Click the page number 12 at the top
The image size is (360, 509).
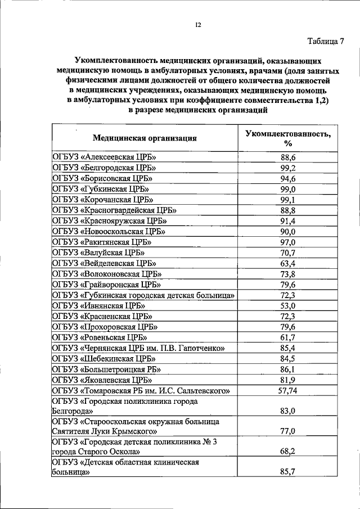coord(198,24)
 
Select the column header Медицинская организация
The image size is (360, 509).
coord(145,138)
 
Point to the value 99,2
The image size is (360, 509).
coord(288,168)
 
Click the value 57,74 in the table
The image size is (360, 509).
coord(288,390)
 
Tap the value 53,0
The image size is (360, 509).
coord(288,306)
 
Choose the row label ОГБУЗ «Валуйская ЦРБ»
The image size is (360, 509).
coord(96,252)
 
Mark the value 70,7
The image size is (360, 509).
coord(288,252)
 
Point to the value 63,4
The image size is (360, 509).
coord(288,263)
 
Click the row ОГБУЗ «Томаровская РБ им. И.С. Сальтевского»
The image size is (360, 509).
coord(142,390)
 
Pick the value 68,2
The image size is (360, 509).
coord(288,451)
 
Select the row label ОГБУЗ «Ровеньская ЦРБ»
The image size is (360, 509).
coord(100,337)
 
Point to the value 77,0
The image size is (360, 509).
coord(288,431)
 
